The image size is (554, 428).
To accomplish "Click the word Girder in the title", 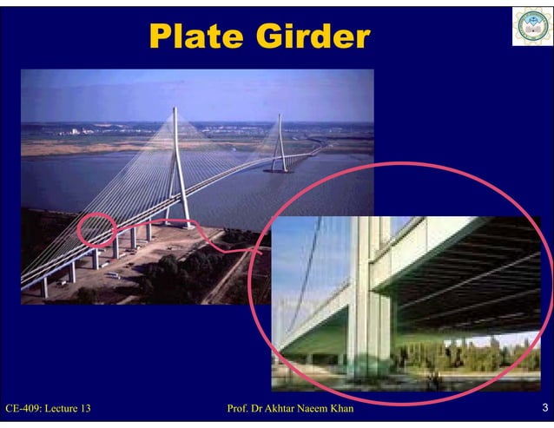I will pyautogui.click(x=308, y=37).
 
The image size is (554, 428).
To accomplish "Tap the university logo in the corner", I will pyautogui.click(x=531, y=26).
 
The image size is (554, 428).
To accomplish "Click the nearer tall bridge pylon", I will pyautogui.click(x=178, y=165).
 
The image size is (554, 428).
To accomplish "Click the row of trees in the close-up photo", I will pyautogui.click(x=469, y=356).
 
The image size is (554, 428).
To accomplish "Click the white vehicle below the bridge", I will pyautogui.click(x=111, y=275).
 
